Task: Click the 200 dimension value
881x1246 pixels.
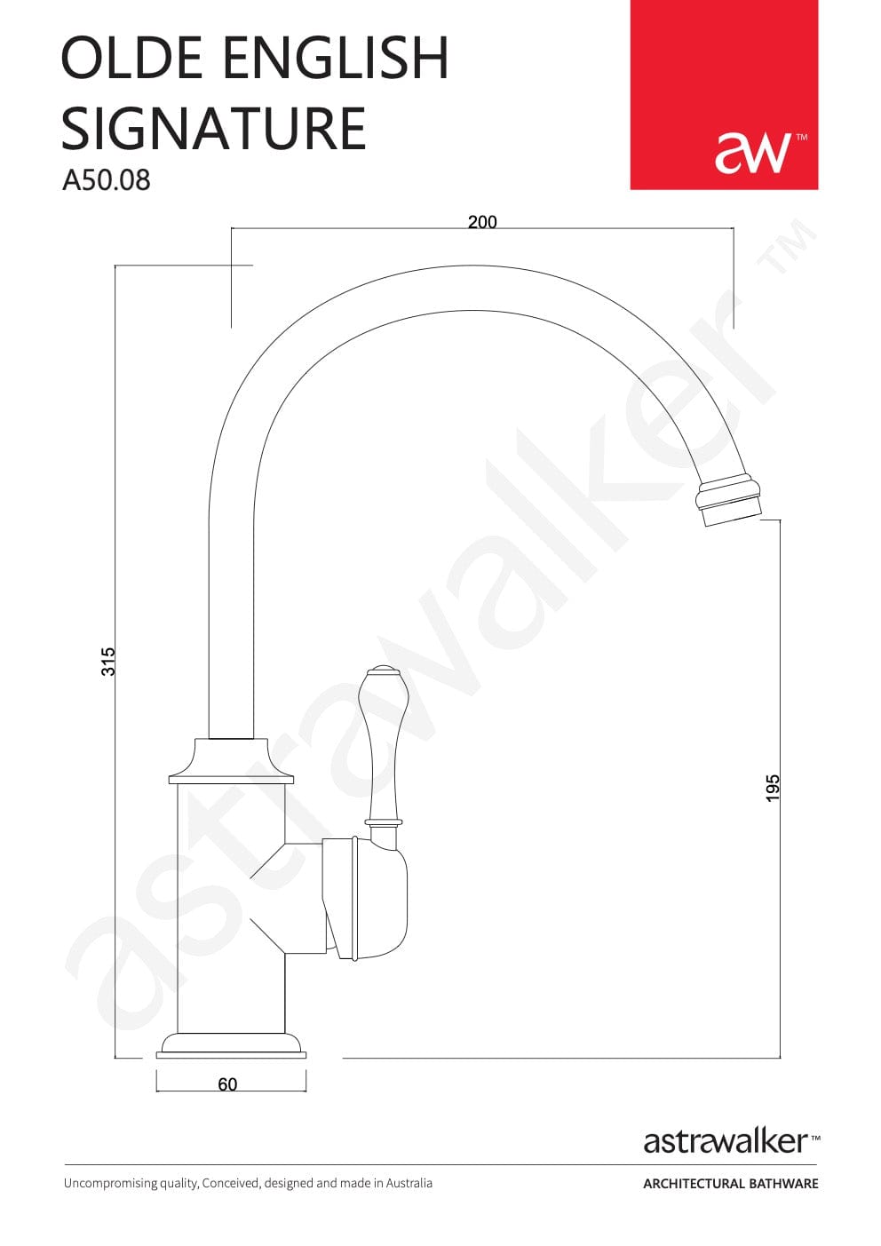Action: click(x=482, y=222)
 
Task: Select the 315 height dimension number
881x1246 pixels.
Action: click(x=108, y=662)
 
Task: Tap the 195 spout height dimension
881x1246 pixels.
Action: click(x=774, y=789)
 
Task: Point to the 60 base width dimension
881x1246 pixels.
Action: click(x=227, y=1084)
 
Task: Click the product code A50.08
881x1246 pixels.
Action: click(x=107, y=180)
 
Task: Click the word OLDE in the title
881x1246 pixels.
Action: click(x=131, y=58)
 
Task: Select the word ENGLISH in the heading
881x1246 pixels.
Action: click(x=336, y=58)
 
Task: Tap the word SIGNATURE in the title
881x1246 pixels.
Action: click(x=213, y=128)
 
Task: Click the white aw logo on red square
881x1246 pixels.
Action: click(x=754, y=153)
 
